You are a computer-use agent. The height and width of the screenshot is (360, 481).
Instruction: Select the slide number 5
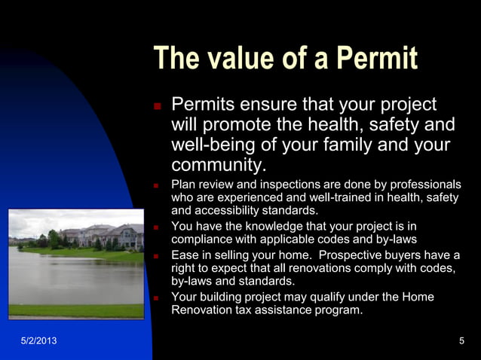pyautogui.click(x=461, y=342)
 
